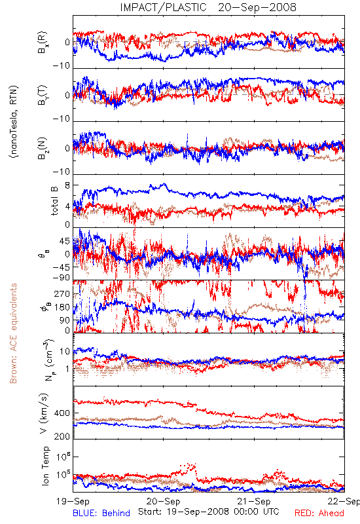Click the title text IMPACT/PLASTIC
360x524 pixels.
[x=163, y=7]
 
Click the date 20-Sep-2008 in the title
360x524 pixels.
[x=257, y=7]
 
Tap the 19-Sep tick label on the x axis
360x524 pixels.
[x=73, y=501]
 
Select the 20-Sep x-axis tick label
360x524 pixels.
[x=163, y=501]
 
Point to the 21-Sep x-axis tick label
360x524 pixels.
[x=254, y=501]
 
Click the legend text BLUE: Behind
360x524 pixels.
[x=101, y=513]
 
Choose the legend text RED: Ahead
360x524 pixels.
[x=319, y=513]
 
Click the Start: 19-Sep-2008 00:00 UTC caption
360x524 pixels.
[x=209, y=512]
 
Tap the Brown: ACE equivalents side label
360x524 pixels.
[x=13, y=333]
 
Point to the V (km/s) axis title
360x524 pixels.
[x=44, y=413]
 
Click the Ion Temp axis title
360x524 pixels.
[x=45, y=466]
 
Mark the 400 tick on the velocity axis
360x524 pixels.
[x=62, y=413]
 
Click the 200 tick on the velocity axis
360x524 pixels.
[x=62, y=436]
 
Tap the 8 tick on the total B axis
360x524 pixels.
[x=67, y=185]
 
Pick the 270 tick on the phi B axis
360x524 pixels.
[x=62, y=293]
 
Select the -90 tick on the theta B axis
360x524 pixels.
[x=62, y=278]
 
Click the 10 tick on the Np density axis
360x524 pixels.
[x=65, y=351]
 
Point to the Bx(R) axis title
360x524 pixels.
[x=43, y=43]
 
